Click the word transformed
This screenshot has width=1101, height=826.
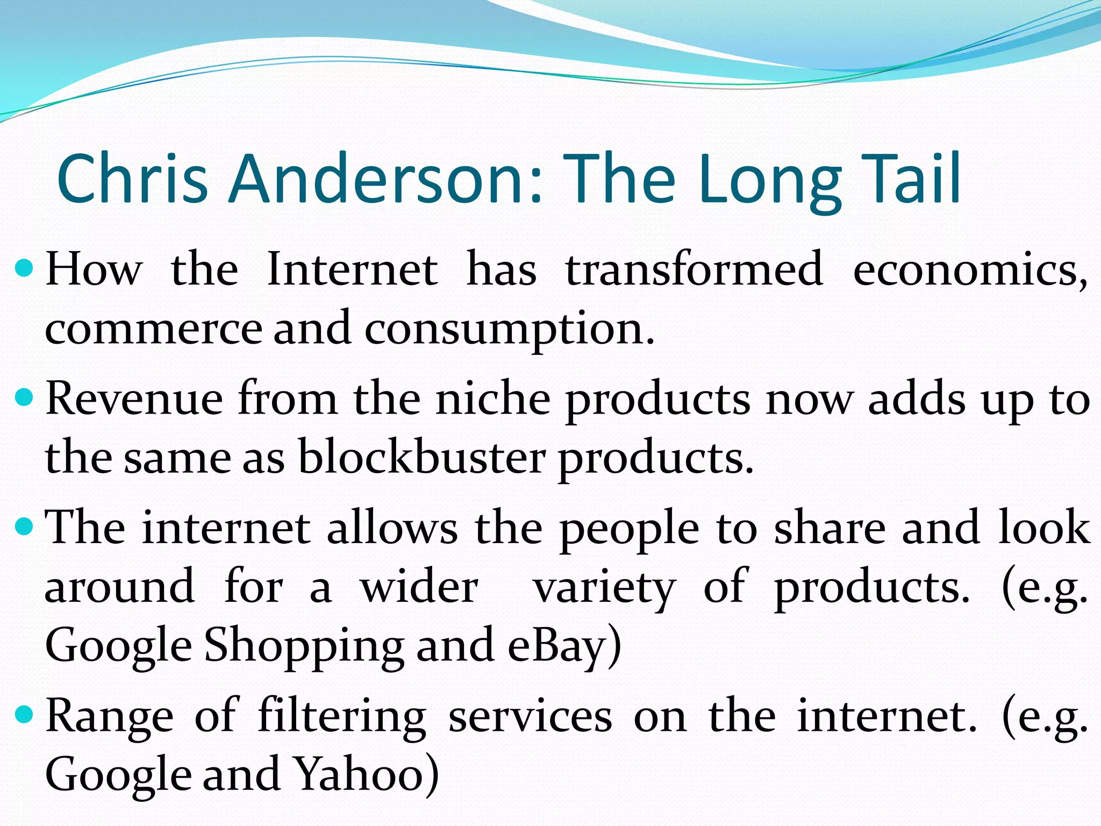click(x=694, y=269)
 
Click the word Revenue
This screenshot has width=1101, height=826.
click(x=134, y=399)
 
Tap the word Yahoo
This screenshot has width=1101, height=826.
click(x=366, y=774)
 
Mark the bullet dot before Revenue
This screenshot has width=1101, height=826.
click(x=25, y=398)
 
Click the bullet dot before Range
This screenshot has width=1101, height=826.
click(x=25, y=715)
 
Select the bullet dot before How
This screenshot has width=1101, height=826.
click(x=25, y=267)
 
